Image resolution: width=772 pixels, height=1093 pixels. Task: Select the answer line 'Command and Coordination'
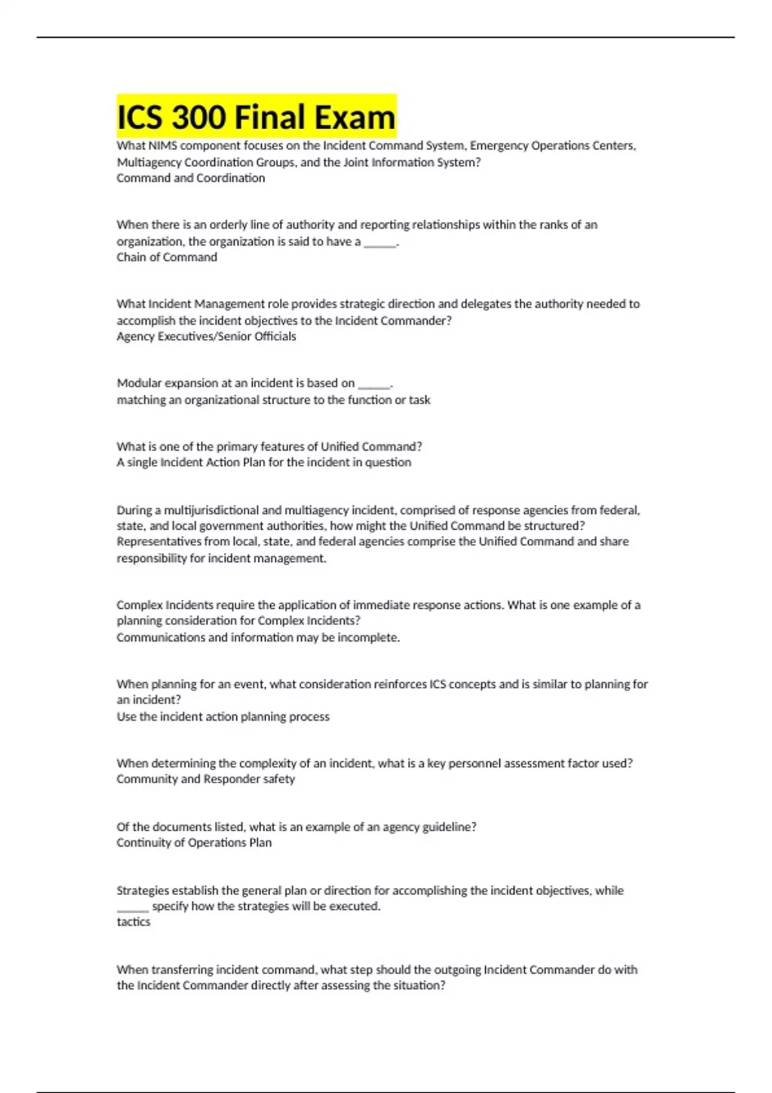coord(190,178)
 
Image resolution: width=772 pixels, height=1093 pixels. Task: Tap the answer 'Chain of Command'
coord(167,257)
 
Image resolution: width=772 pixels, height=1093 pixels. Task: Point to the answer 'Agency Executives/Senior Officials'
coord(206,336)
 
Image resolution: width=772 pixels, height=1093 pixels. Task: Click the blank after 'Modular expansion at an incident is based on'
coord(374,384)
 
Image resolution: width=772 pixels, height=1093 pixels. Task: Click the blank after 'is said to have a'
coord(380,243)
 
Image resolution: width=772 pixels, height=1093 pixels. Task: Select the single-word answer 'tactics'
coord(133,922)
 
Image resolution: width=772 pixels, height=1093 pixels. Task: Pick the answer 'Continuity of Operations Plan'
coord(194,843)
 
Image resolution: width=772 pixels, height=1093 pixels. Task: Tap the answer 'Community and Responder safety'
coord(205,779)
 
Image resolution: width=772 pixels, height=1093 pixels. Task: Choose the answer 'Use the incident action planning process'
coord(223,717)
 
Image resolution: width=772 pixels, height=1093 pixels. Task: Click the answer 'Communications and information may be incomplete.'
coord(258,638)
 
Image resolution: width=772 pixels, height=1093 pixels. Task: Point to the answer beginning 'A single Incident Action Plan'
coord(264,462)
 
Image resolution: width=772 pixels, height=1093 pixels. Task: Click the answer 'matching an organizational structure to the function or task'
coord(273,400)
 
